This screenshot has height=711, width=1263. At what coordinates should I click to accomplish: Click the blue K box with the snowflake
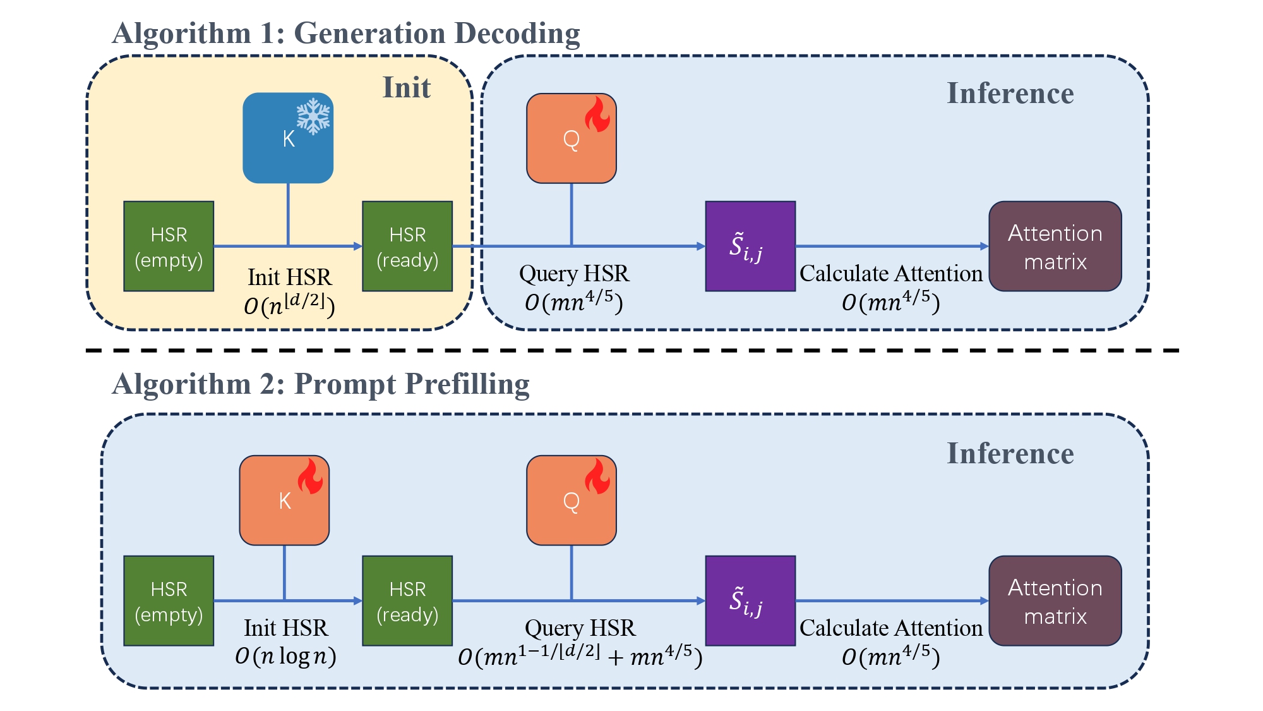pyautogui.click(x=288, y=138)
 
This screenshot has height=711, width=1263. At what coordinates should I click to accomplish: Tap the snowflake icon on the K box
pyautogui.click(x=313, y=116)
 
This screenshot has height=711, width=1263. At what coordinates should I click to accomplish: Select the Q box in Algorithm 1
pyautogui.click(x=572, y=138)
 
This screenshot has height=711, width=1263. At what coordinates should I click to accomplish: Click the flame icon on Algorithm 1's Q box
pyautogui.click(x=597, y=114)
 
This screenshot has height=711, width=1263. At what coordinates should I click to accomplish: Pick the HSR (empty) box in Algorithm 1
pyautogui.click(x=169, y=246)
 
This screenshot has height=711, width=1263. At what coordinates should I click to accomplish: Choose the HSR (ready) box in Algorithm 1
pyautogui.click(x=407, y=246)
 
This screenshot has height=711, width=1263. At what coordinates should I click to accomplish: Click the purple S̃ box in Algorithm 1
pyautogui.click(x=750, y=246)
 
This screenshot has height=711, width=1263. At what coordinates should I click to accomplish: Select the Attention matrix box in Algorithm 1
pyautogui.click(x=1055, y=246)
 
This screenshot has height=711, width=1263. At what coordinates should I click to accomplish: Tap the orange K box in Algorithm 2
pyautogui.click(x=284, y=500)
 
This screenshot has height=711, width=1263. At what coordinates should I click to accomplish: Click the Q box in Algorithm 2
pyautogui.click(x=572, y=500)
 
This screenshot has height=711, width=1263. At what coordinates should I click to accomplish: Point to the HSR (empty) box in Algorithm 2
pyautogui.click(x=169, y=601)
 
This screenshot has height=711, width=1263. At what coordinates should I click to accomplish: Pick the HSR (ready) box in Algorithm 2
pyautogui.click(x=407, y=601)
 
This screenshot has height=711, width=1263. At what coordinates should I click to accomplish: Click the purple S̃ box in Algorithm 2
pyautogui.click(x=750, y=601)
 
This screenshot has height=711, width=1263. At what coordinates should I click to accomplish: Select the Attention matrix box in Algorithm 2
pyautogui.click(x=1055, y=601)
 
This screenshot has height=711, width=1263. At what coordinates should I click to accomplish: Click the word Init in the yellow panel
pyautogui.click(x=407, y=87)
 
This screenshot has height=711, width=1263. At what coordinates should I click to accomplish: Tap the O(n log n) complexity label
pyautogui.click(x=285, y=657)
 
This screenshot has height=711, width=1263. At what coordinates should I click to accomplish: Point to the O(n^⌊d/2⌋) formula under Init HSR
pyautogui.click(x=289, y=305)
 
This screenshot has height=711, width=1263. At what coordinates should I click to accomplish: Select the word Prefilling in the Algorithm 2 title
pyautogui.click(x=467, y=385)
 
